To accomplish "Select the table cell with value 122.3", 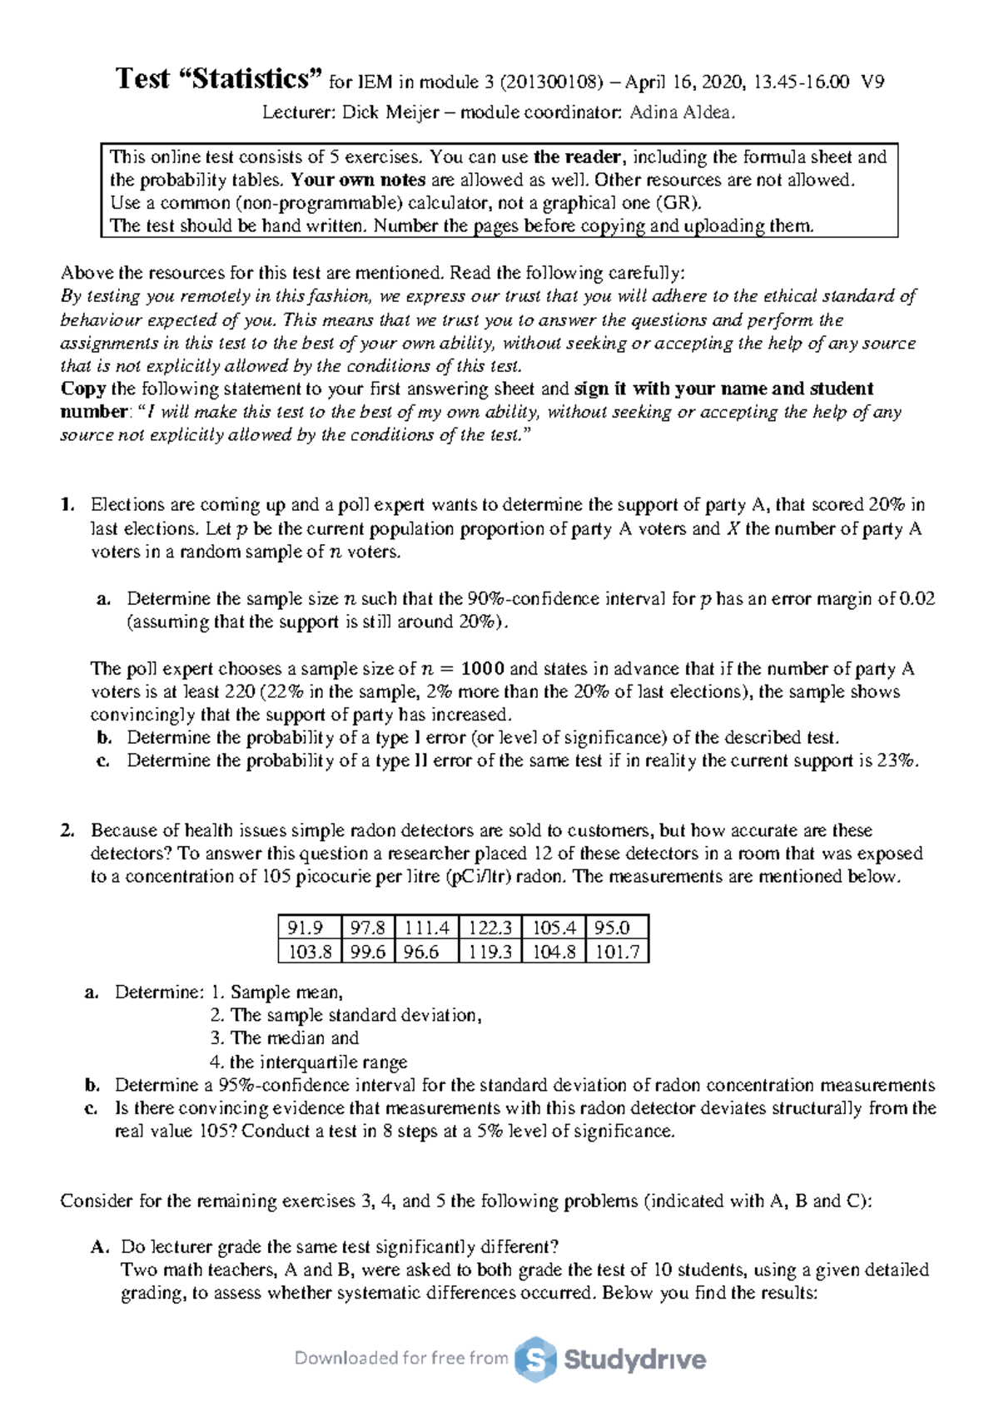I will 490,928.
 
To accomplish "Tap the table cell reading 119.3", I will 490,952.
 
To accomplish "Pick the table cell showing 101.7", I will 617,952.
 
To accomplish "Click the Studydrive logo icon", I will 534,1359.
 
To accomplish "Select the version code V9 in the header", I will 872,82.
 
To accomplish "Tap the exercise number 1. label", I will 67,505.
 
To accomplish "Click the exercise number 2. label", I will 67,830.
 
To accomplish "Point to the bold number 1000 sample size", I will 483,669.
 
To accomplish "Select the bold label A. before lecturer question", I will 100,1247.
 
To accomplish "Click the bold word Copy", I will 82,389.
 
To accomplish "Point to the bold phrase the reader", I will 577,157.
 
